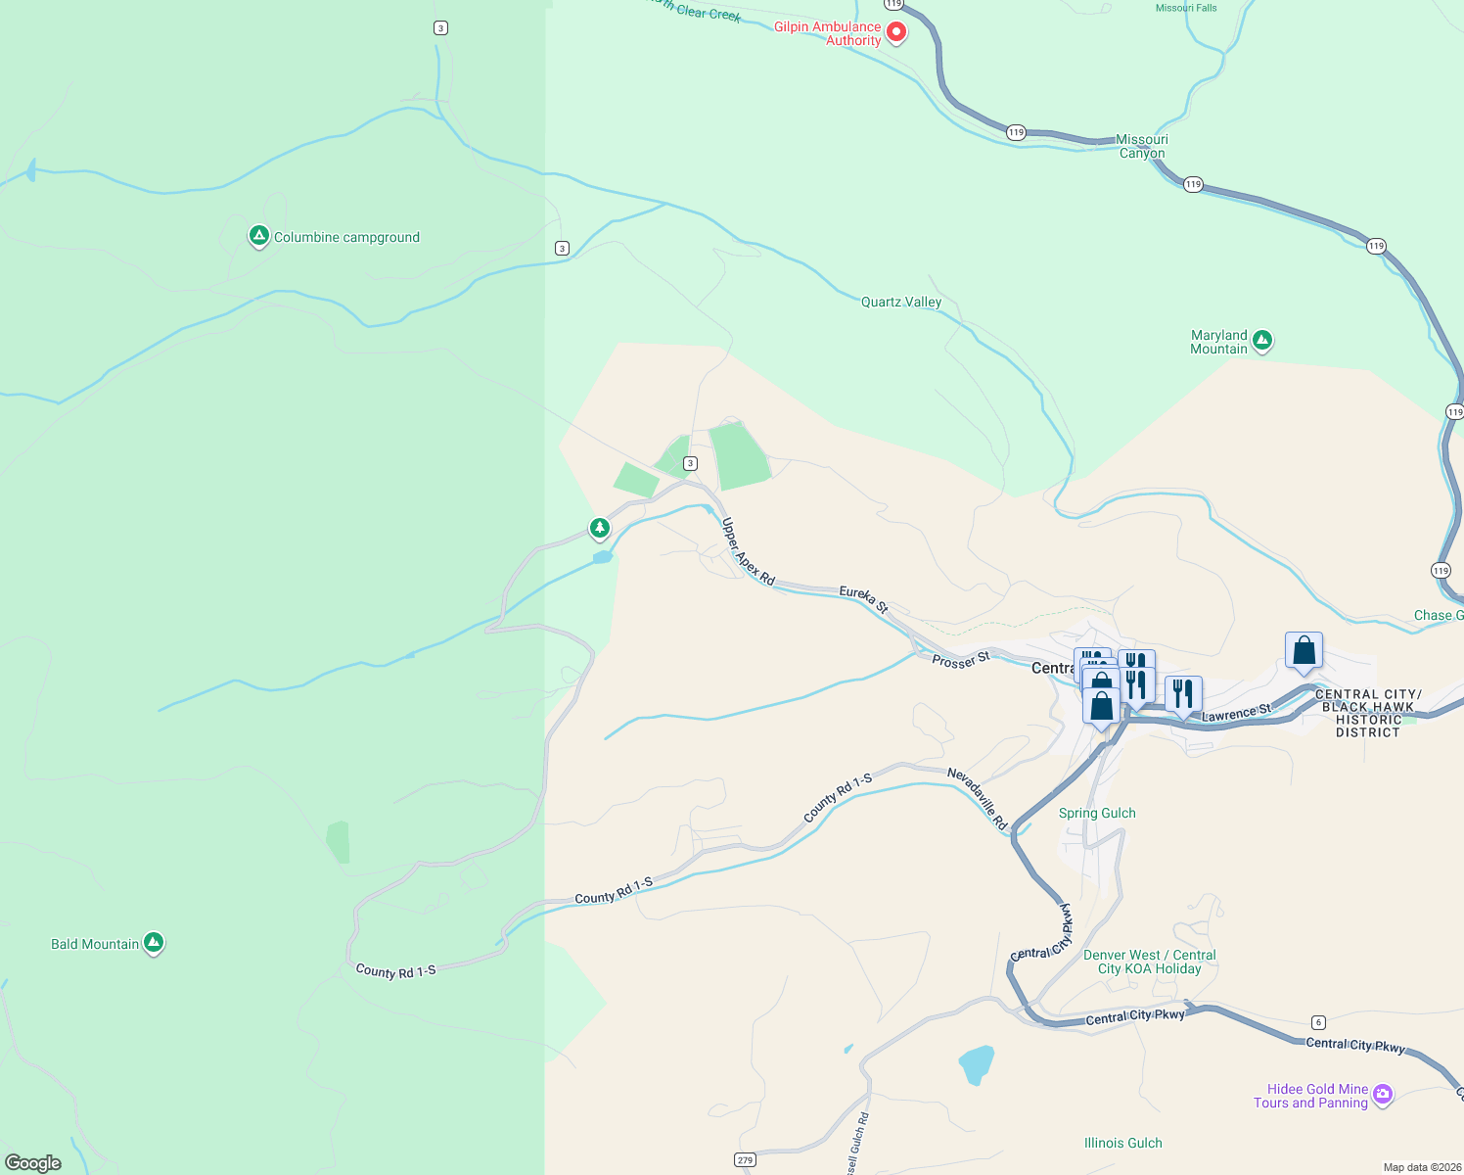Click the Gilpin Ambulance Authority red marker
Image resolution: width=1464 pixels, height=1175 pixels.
coord(895,33)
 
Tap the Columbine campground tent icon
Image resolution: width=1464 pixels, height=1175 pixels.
coord(258,236)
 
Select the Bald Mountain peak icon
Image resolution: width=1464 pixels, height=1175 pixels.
coord(153,943)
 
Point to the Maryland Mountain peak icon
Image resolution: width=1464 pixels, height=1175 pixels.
coord(1262,341)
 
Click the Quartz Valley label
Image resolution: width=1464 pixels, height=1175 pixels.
coord(900,302)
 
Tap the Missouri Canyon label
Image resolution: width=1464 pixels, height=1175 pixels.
coord(1142,146)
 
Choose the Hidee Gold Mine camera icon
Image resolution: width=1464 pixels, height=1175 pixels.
coord(1383,1094)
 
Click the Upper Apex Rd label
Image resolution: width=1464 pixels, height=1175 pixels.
coord(748,551)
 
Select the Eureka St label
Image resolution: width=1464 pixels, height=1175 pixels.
coord(863,599)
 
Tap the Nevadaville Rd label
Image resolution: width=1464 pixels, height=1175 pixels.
coord(977,798)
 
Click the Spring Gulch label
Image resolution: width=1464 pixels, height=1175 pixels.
coord(1097,813)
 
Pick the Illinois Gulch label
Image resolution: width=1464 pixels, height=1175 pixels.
coord(1122,1143)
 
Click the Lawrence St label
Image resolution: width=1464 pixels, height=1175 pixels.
coord(1236,713)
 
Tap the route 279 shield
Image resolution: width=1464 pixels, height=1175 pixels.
coord(745,1159)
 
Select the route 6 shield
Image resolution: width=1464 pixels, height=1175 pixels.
coord(1318,1022)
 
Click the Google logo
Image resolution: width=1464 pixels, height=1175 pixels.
coord(33,1162)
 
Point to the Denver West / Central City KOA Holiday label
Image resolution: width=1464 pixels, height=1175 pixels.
coord(1149,962)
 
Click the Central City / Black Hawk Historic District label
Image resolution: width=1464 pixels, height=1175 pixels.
coord(1368,713)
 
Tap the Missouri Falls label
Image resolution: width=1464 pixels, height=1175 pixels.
coord(1186,8)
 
